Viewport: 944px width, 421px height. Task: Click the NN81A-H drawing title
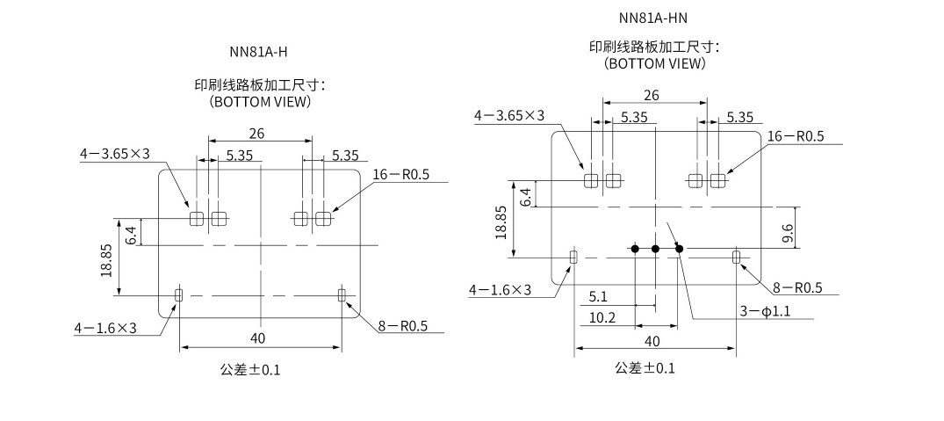[258, 52]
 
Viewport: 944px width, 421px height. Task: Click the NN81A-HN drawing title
[652, 18]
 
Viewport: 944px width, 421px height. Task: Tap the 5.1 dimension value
[598, 297]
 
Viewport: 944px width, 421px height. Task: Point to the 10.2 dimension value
[602, 317]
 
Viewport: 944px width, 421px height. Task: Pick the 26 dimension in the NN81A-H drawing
[257, 134]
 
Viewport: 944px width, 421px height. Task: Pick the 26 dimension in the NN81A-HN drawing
[652, 95]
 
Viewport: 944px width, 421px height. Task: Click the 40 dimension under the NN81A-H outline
[257, 338]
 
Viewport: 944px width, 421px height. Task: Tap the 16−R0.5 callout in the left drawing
[401, 174]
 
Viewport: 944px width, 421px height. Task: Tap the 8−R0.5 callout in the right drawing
[796, 288]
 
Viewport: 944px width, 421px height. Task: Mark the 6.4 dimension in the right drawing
[526, 196]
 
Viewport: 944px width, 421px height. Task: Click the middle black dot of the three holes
[655, 249]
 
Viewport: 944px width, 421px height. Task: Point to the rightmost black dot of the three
[679, 249]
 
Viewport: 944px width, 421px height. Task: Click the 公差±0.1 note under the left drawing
[250, 369]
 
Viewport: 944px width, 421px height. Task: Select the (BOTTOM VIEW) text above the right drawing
[655, 63]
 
